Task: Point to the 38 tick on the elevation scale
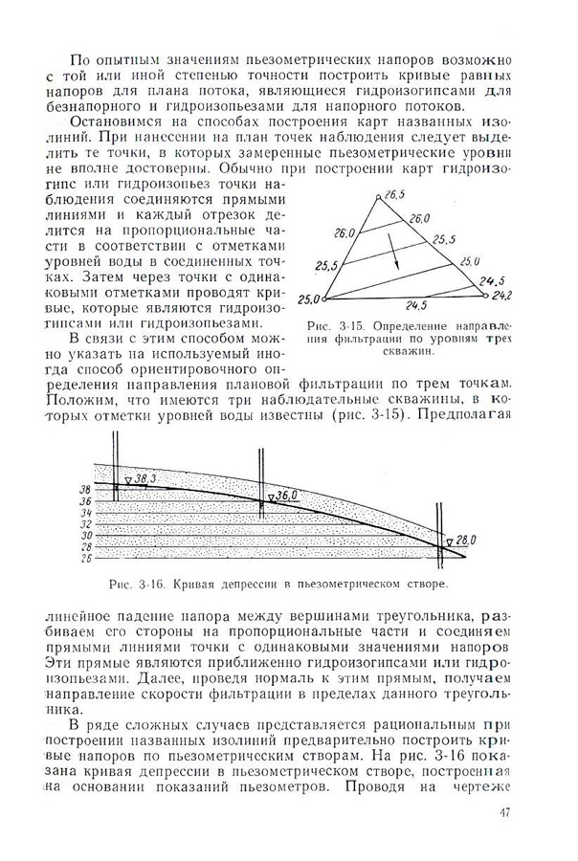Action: pyautogui.click(x=84, y=488)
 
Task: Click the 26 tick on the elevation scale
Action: pyautogui.click(x=84, y=557)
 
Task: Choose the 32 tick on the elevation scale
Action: pyautogui.click(x=84, y=523)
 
